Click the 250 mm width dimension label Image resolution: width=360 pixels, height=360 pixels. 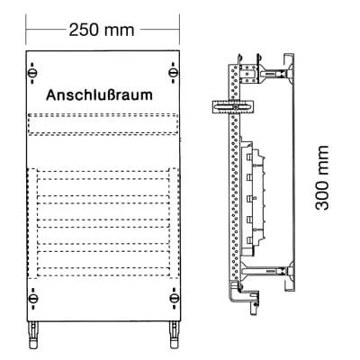[x=102, y=30]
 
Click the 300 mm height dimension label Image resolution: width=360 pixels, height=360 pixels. [x=322, y=177]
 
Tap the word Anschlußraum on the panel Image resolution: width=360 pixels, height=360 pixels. [x=99, y=94]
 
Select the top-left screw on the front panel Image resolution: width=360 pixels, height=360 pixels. [x=32, y=73]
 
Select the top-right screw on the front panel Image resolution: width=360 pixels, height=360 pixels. [x=173, y=73]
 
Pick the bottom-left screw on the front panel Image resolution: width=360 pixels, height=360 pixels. [x=32, y=299]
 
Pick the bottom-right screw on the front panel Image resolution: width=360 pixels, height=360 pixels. [x=174, y=299]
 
